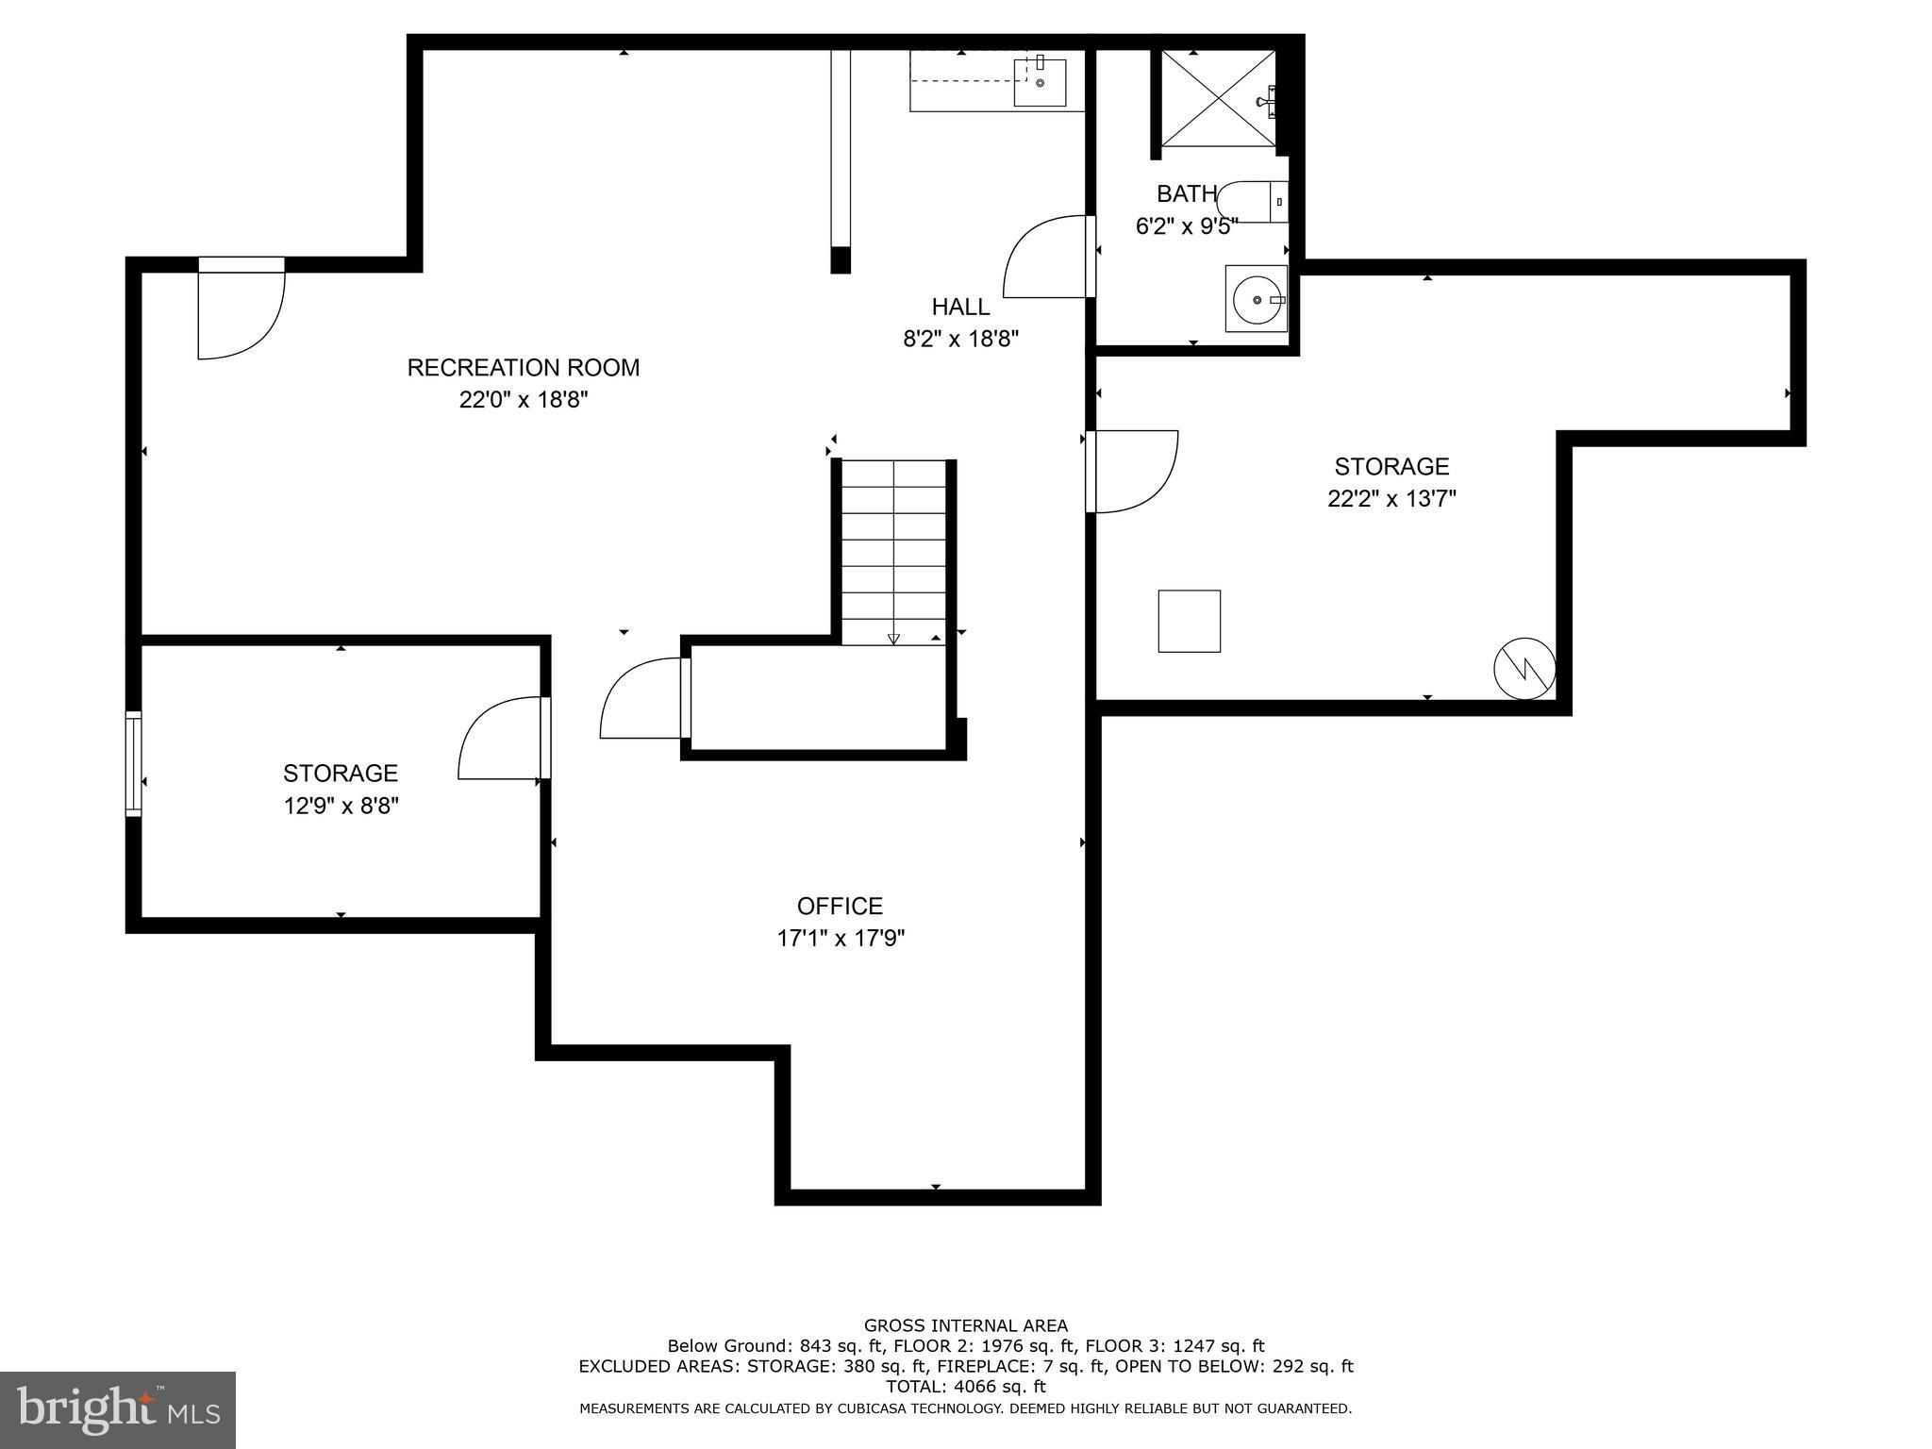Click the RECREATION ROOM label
(x=523, y=367)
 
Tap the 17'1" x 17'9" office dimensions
(x=840, y=939)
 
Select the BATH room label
(x=1186, y=194)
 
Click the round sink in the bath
(x=1256, y=299)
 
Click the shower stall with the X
(x=1217, y=99)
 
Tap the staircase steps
(x=893, y=552)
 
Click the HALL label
(x=960, y=307)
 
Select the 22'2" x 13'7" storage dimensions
(x=1391, y=499)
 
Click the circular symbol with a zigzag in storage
(x=1524, y=669)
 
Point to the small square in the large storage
(x=1189, y=621)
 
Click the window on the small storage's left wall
(x=134, y=763)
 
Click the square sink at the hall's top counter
(x=1040, y=82)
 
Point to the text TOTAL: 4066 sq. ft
(x=965, y=1387)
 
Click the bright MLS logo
(x=118, y=1409)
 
